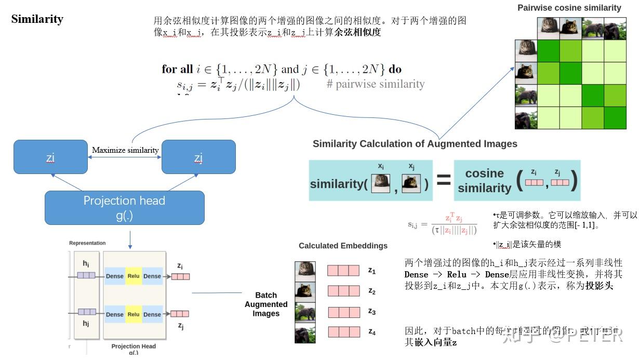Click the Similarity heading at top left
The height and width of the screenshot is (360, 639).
(37, 19)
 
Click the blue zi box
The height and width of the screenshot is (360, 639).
(50, 156)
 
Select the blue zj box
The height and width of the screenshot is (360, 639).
(198, 156)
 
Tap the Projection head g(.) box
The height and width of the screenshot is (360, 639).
(124, 208)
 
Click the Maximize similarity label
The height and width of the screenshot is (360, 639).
(125, 150)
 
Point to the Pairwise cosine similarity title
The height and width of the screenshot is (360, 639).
(569, 8)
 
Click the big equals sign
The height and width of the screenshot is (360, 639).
(443, 181)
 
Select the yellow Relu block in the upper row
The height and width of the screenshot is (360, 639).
(134, 276)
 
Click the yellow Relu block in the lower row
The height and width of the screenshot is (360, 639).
(134, 314)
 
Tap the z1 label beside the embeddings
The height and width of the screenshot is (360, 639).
(372, 270)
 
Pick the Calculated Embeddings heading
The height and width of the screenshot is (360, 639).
(343, 246)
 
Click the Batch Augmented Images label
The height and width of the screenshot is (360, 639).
(266, 304)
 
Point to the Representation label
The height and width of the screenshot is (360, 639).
(87, 243)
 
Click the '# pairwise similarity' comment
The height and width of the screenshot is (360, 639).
(376, 84)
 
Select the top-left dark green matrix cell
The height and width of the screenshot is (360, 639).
(548, 51)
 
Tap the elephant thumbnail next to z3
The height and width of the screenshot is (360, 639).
(305, 312)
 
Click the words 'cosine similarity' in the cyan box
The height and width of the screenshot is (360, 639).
(484, 181)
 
